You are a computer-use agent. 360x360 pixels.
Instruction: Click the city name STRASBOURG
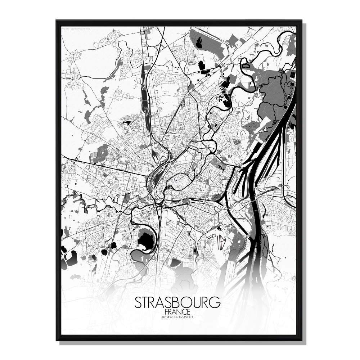pos(177,303)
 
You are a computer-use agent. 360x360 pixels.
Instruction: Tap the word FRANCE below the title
pos(177,311)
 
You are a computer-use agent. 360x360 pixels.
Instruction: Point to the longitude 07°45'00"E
pos(186,317)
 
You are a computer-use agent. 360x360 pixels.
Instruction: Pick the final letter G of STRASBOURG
pos(215,303)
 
